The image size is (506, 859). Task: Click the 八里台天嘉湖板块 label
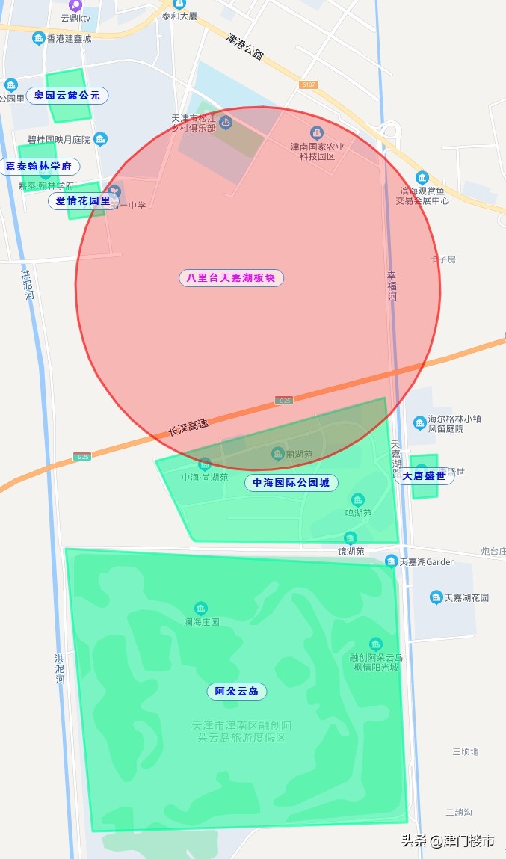click(231, 278)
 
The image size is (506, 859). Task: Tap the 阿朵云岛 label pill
click(236, 692)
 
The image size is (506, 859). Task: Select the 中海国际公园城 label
click(291, 483)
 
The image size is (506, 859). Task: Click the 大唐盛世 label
click(424, 476)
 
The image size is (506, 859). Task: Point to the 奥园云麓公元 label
click(67, 96)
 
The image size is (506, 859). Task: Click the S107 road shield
click(309, 85)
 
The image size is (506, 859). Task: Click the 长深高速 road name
click(188, 427)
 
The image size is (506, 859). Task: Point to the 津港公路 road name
click(245, 46)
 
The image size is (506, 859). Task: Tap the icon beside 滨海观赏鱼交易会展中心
click(422, 178)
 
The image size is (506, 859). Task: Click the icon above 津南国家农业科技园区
click(317, 132)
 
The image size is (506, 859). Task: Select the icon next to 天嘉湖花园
click(436, 597)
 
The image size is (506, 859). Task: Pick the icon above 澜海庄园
click(200, 609)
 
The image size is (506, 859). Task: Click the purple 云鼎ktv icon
click(75, 5)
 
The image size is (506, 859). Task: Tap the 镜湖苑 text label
click(350, 552)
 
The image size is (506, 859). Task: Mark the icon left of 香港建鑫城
click(38, 38)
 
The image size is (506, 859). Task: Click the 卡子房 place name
click(442, 259)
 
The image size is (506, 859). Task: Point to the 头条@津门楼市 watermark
click(448, 840)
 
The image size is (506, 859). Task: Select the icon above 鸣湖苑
click(358, 500)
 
